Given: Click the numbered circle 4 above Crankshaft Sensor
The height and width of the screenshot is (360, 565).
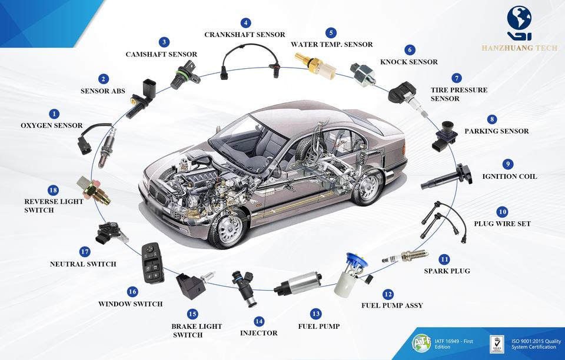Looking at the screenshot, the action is click(x=246, y=23).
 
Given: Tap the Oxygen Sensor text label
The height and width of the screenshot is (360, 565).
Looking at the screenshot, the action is click(x=52, y=125).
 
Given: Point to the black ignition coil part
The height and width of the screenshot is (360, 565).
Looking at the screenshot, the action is click(x=447, y=177).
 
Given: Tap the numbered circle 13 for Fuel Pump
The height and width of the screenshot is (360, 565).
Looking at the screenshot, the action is click(x=316, y=314).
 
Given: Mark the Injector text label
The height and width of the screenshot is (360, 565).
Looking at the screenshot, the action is click(x=259, y=333).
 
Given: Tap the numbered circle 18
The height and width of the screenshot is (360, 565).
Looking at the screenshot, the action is click(x=53, y=190).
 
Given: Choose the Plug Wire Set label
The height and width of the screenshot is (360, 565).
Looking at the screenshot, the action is click(x=502, y=224).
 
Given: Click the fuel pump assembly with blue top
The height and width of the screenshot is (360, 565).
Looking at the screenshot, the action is click(x=351, y=274).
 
